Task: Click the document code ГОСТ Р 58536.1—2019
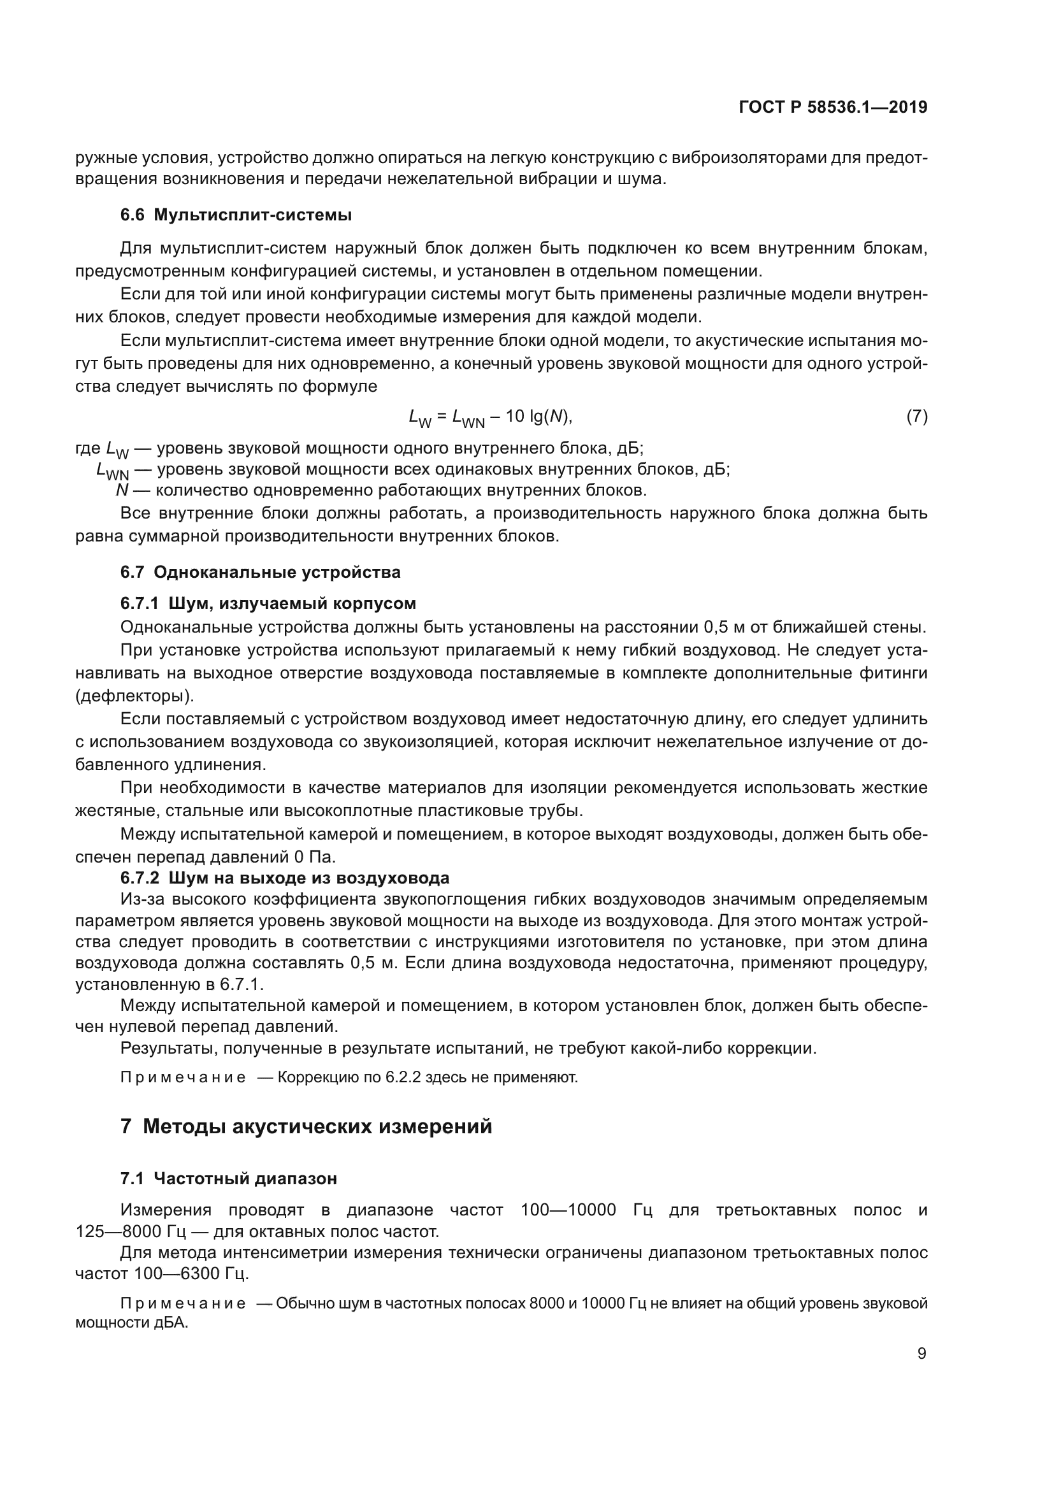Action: point(833,108)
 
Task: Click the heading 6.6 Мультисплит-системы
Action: point(236,215)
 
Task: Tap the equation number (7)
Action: point(916,416)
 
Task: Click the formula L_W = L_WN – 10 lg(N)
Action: point(491,417)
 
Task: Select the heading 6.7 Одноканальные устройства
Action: point(260,573)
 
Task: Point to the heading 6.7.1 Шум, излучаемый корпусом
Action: point(268,603)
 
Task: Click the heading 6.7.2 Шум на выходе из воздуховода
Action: point(285,878)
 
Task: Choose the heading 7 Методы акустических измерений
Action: point(307,1128)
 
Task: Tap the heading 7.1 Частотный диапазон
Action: point(229,1178)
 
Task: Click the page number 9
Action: point(921,1354)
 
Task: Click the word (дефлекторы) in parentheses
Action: point(134,696)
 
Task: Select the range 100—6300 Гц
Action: point(191,1273)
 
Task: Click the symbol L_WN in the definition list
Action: point(112,471)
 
